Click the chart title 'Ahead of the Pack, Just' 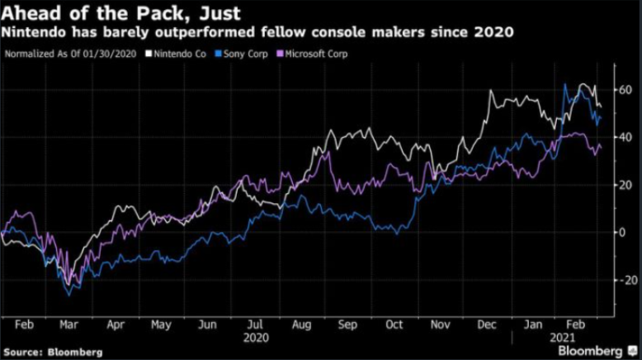(x=122, y=12)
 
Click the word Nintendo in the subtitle (x=35, y=33)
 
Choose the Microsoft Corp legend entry (x=314, y=54)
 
